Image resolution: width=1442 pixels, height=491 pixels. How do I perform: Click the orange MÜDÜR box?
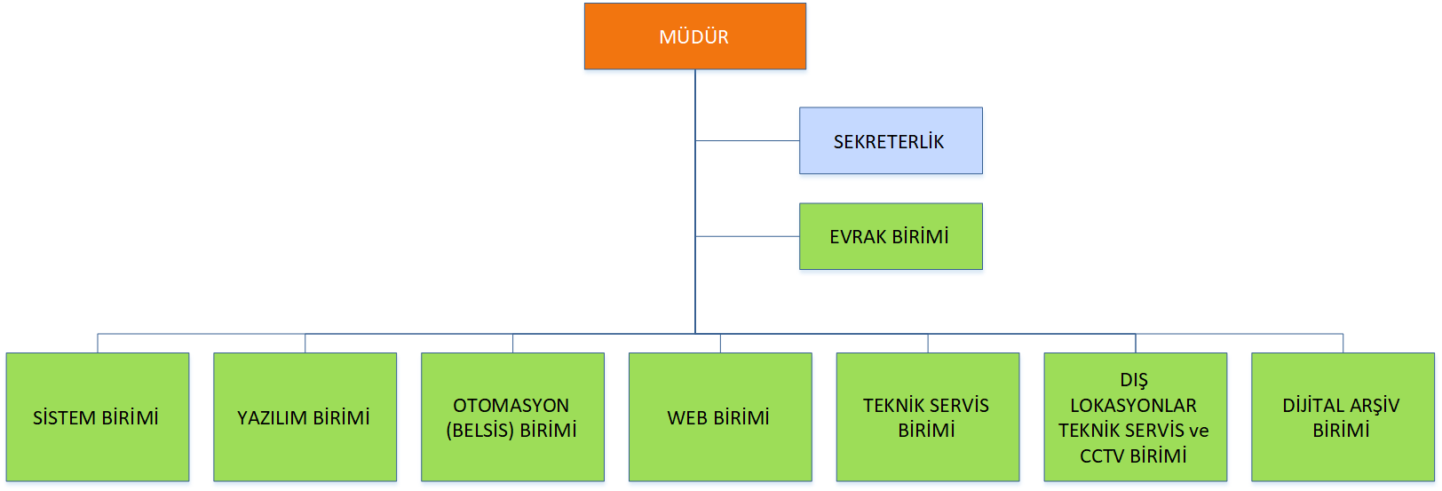(x=695, y=36)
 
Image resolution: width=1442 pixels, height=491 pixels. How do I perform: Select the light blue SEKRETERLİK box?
(x=891, y=140)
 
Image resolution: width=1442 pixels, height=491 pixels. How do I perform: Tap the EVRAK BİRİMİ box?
(x=891, y=236)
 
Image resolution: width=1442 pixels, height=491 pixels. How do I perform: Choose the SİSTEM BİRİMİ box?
(x=98, y=417)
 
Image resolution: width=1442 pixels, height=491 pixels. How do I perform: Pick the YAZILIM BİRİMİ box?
(x=305, y=417)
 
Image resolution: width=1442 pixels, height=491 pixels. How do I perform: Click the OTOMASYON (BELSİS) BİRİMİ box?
(x=513, y=417)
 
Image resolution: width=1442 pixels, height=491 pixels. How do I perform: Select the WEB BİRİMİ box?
(x=720, y=417)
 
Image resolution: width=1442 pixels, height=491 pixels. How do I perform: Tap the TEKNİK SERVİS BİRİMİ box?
(x=928, y=417)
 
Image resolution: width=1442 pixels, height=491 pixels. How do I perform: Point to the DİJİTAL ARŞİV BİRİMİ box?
(x=1343, y=417)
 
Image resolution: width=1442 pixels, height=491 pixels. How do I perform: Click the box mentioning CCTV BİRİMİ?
(x=1136, y=417)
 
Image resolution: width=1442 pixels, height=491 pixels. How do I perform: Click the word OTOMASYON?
(x=511, y=406)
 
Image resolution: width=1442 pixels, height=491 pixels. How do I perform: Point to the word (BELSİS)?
(x=479, y=431)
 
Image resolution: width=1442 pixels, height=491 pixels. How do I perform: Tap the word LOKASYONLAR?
(x=1134, y=406)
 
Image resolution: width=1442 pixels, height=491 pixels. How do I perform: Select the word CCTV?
(x=1100, y=456)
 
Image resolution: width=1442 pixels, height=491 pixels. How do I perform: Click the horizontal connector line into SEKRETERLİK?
(x=748, y=140)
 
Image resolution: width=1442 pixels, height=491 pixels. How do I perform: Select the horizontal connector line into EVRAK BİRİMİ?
(x=748, y=236)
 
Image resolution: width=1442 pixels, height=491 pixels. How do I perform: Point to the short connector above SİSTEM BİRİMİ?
(x=98, y=343)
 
